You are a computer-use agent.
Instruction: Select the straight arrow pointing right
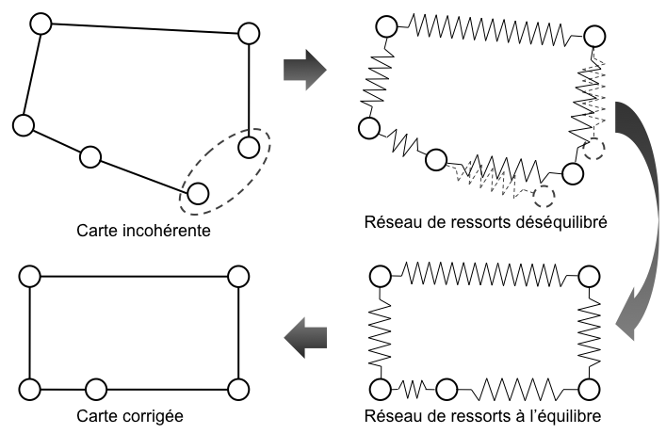[x=303, y=70]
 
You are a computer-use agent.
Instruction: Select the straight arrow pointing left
[x=305, y=337]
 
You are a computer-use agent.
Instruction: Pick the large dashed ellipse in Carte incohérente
[x=226, y=169]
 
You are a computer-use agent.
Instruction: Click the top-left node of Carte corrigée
[x=29, y=276]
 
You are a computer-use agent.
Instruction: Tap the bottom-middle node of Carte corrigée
[x=95, y=388]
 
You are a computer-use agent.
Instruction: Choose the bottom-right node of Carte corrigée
[x=238, y=388]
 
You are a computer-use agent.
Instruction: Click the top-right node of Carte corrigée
[x=238, y=276]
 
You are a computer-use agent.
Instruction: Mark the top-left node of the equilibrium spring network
[x=380, y=276]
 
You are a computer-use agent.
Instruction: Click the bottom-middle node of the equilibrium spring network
[x=447, y=388]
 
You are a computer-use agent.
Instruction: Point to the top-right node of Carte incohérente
[x=248, y=34]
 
